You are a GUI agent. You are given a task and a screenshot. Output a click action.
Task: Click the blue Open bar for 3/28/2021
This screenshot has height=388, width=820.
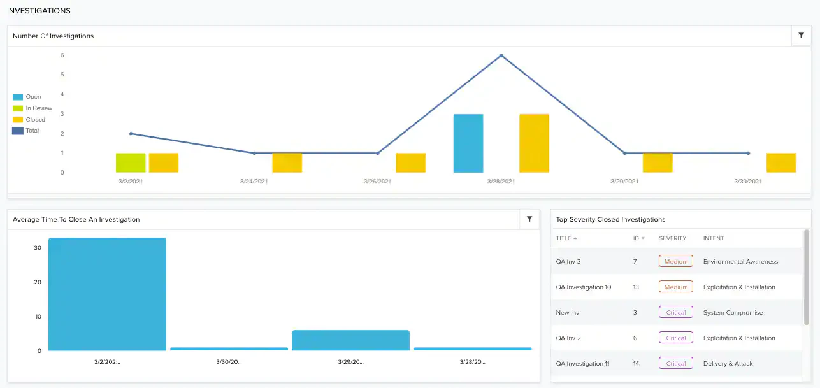[x=468, y=143]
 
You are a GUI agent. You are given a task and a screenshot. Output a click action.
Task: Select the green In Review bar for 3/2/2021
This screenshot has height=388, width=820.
[x=131, y=163]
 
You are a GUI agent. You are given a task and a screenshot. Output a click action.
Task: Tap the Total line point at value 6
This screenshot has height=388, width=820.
[x=501, y=55]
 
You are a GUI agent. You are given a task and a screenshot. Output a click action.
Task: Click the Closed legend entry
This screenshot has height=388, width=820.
[x=35, y=120]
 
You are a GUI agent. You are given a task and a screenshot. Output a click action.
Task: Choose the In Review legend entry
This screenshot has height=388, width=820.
[x=39, y=108]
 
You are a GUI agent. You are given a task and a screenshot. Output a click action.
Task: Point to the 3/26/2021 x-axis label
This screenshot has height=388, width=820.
[x=378, y=182]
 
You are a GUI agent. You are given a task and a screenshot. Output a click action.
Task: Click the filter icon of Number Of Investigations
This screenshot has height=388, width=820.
[x=801, y=36]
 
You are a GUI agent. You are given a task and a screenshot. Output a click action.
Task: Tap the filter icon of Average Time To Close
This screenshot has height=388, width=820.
[x=529, y=219]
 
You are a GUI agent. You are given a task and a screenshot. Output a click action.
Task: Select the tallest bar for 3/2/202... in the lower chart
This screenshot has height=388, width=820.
[x=107, y=294]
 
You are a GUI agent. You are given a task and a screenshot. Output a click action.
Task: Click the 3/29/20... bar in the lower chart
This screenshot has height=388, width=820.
[x=350, y=340]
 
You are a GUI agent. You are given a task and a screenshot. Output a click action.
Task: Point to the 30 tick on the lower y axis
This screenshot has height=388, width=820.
[x=38, y=248]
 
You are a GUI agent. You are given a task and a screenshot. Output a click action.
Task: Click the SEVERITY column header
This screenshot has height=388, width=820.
[x=672, y=238]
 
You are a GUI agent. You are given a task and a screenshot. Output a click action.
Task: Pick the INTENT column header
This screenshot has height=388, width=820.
[x=714, y=238]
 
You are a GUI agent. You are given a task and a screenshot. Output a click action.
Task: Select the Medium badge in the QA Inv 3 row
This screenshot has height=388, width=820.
[x=676, y=261]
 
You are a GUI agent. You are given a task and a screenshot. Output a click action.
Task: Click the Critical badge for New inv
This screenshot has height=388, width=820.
[x=676, y=312]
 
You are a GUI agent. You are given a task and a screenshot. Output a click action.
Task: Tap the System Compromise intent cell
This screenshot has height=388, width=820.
[x=733, y=313]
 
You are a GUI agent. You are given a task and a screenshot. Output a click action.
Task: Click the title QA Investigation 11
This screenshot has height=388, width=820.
[x=582, y=364]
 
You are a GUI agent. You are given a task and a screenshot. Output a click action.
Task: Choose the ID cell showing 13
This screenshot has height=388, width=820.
[x=636, y=287]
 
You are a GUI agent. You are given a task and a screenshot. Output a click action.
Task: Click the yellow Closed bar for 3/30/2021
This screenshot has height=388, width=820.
[x=781, y=163]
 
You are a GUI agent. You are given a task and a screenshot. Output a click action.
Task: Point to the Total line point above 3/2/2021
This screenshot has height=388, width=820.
[x=131, y=134]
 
